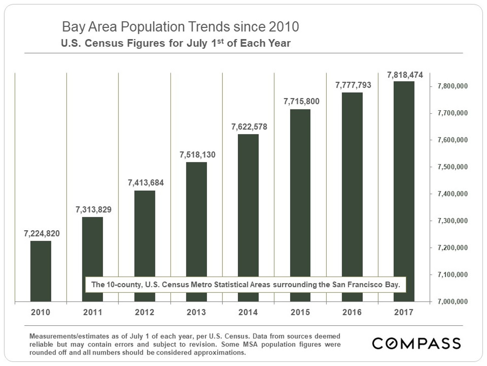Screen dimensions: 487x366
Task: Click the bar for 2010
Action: [41, 271]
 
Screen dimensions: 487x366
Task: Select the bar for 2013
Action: [196, 232]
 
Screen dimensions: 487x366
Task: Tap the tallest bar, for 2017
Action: [404, 191]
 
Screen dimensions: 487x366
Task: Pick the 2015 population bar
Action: [300, 205]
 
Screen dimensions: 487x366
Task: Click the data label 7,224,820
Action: [42, 233]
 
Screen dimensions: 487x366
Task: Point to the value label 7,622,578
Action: [249, 127]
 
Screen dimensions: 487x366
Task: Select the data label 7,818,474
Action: [405, 75]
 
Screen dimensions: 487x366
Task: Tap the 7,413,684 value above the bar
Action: [146, 183]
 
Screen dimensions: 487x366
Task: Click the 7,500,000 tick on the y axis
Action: [453, 167]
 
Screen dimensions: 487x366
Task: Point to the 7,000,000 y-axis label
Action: [453, 302]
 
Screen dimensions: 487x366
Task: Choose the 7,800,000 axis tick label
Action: [453, 86]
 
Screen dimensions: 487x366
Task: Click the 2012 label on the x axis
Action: [144, 312]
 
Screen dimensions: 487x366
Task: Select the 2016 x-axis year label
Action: [352, 312]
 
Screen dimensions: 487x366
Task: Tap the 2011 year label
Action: [93, 312]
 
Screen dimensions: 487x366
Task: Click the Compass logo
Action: [416, 343]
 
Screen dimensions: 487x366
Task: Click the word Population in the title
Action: [153, 27]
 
